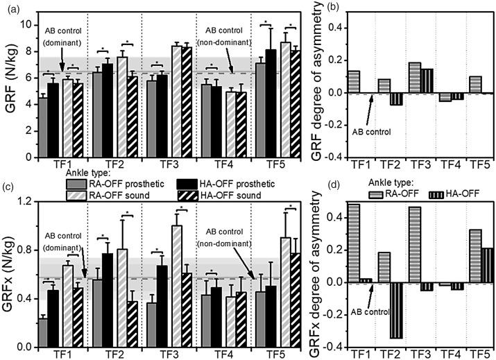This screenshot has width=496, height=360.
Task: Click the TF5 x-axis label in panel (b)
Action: pos(478,167)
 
